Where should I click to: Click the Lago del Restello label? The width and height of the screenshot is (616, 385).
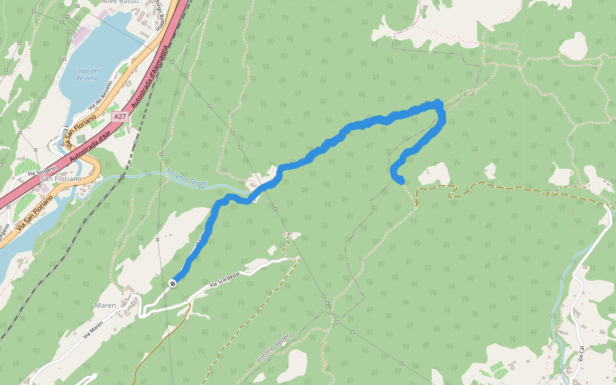click(87, 74)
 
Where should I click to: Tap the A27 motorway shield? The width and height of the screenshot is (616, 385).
click(119, 117)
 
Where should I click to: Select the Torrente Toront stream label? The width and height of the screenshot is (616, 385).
click(187, 178)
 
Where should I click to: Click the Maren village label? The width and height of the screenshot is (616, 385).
click(105, 305)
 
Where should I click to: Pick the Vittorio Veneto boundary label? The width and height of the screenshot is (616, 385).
click(275, 350)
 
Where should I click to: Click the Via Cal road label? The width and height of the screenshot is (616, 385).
click(581, 354)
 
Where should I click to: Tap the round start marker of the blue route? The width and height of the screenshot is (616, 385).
click(173, 283)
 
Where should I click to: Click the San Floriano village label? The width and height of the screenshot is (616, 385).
click(62, 178)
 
